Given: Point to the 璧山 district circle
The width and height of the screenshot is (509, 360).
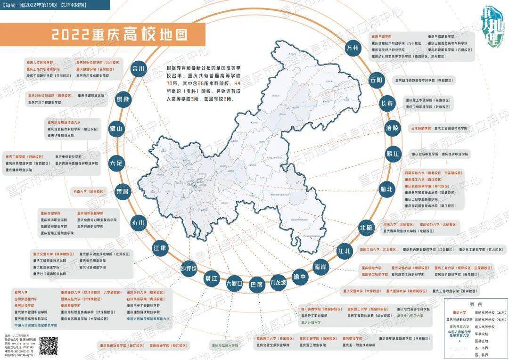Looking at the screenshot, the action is point(116,129).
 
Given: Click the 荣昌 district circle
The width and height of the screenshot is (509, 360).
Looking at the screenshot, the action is point(122,192).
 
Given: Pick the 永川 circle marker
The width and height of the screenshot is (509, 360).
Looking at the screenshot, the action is point(138,222).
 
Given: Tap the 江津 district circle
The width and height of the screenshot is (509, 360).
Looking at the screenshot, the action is point(160,248).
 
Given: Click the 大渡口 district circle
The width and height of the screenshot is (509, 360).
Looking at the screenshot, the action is point(234,284).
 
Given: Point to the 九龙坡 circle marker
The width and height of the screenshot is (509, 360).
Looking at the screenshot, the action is point(278,284).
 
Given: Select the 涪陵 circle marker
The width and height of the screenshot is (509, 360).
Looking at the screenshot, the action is point(392,128).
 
